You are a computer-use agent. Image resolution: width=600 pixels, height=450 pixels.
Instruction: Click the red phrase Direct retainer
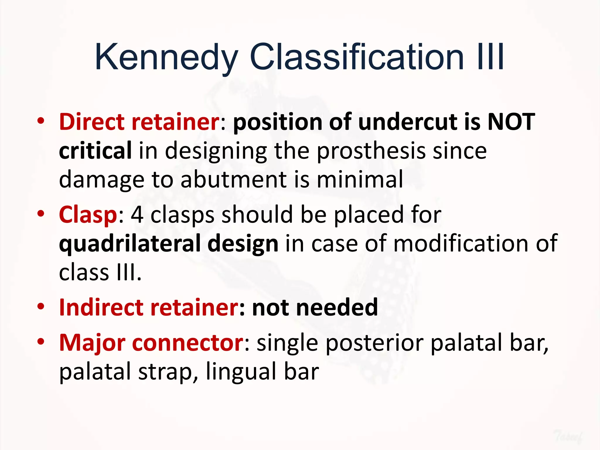pyautogui.click(x=139, y=122)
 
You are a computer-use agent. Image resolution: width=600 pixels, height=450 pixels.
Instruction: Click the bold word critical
pyautogui.click(x=95, y=150)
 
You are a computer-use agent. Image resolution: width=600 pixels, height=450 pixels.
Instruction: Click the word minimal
pyautogui.click(x=360, y=179)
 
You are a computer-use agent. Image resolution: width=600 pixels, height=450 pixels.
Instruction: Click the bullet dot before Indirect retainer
pyautogui.click(x=41, y=307)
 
